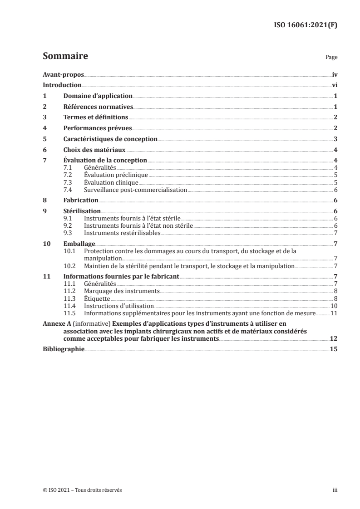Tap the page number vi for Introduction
[x=334, y=85]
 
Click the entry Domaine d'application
[x=98, y=96]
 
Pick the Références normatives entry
[x=98, y=107]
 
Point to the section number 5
[x=44, y=139]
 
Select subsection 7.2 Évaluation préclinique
[x=116, y=175]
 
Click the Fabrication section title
[x=81, y=200]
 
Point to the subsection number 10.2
[x=70, y=266]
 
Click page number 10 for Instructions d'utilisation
[x=333, y=306]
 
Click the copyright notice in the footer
[x=82, y=490]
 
